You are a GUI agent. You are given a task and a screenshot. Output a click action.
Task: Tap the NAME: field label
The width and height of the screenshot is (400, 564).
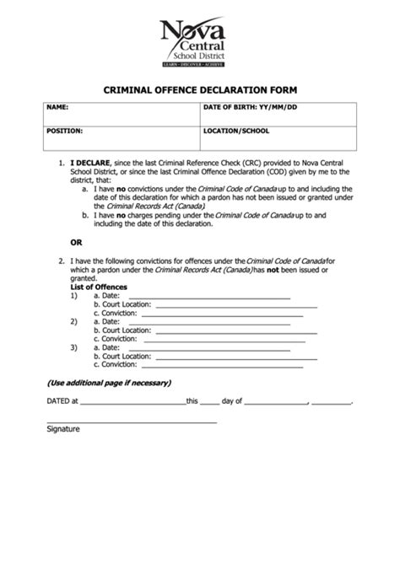[57, 108]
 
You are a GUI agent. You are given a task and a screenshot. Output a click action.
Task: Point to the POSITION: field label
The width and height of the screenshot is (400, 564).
[64, 132]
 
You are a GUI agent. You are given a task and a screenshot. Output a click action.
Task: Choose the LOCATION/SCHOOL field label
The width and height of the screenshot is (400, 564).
[237, 132]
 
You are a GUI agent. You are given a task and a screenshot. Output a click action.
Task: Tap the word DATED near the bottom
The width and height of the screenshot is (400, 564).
[57, 402]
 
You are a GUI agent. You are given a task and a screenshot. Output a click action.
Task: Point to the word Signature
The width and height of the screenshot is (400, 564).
[62, 429]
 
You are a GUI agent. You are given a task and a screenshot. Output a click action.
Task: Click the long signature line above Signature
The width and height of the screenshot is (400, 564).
[131, 421]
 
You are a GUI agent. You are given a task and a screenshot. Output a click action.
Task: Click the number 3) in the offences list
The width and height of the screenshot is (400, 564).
[74, 347]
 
